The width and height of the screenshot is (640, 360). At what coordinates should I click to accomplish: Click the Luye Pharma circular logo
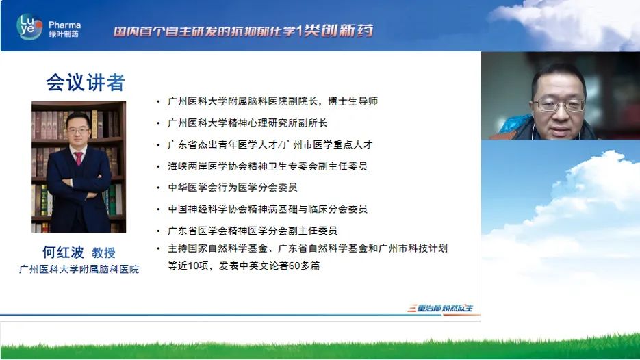click(29, 27)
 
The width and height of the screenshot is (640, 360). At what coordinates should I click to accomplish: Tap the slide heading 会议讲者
click(86, 82)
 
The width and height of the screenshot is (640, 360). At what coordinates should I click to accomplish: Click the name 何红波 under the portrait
click(63, 253)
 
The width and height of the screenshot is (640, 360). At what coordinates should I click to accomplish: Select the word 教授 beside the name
click(103, 253)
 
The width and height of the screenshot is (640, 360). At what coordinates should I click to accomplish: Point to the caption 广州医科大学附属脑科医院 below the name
click(79, 270)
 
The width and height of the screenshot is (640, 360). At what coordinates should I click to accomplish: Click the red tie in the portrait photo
click(78, 158)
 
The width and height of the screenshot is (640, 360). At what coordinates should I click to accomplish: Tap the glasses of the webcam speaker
click(560, 105)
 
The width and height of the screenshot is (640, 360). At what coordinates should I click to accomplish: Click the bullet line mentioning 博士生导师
click(272, 101)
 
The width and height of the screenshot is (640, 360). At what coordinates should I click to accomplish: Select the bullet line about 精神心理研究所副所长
click(247, 123)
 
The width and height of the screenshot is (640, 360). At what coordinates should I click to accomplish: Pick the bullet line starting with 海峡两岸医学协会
click(268, 166)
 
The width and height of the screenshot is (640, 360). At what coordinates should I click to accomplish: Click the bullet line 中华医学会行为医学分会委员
click(233, 188)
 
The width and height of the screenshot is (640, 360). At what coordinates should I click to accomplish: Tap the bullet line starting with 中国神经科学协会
click(268, 209)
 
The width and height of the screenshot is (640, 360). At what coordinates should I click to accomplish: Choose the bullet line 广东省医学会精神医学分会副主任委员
click(253, 231)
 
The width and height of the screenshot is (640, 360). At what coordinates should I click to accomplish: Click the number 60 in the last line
click(294, 266)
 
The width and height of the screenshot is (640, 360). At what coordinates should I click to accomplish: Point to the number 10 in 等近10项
click(193, 266)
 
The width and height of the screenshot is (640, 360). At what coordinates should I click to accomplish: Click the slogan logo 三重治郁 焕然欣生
click(440, 308)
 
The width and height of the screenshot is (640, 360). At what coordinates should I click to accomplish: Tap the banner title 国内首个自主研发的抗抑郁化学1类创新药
click(243, 31)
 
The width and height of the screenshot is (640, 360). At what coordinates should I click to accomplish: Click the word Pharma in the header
click(64, 25)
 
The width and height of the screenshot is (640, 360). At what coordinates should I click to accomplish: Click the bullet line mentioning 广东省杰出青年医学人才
click(270, 144)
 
